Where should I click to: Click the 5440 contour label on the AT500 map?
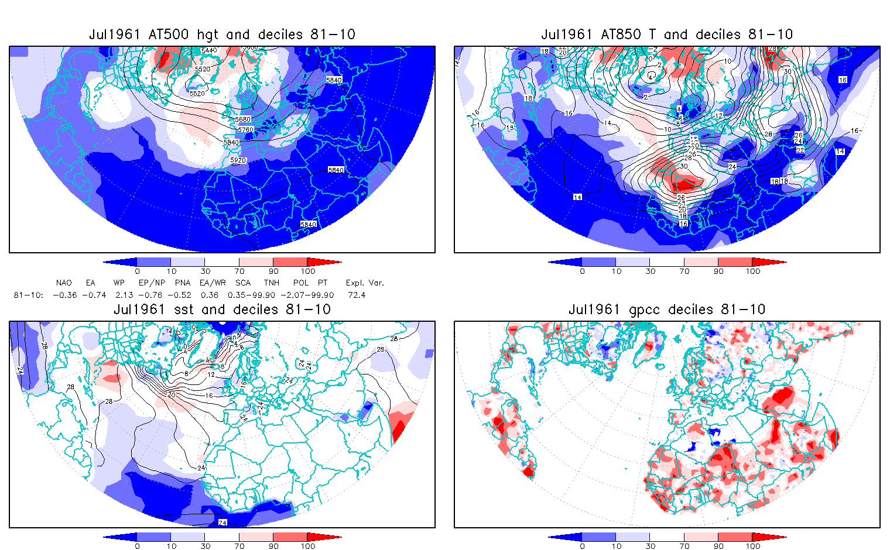(209, 50)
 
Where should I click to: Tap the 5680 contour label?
(242, 119)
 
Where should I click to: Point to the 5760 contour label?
(246, 130)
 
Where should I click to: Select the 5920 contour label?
(238, 160)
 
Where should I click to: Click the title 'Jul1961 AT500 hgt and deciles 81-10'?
(222, 35)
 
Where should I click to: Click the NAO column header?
(64, 283)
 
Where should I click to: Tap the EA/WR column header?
(213, 283)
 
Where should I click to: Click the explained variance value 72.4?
(356, 295)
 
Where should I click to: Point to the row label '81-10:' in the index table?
(28, 295)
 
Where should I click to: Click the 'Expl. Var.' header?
(365, 283)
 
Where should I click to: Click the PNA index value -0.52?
(183, 295)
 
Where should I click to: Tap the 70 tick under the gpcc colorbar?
(684, 546)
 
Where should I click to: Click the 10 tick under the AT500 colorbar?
(171, 271)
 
